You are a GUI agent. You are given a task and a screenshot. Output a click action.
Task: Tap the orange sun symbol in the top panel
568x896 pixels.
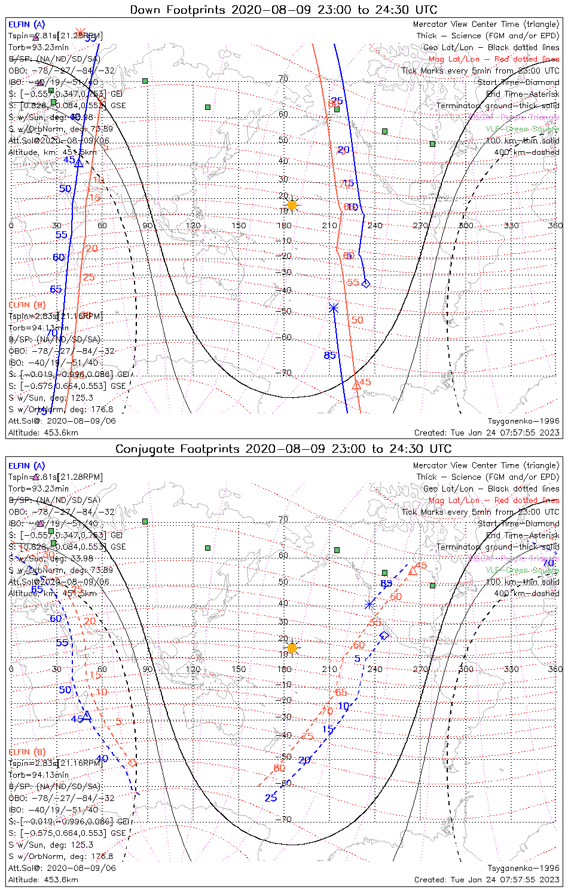coord(292,205)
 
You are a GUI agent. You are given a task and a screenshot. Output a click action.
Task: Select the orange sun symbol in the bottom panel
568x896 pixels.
coord(292,648)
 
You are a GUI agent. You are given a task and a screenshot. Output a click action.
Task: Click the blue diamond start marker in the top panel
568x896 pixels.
coord(366,283)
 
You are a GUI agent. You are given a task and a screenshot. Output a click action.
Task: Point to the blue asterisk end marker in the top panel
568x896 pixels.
coord(334,308)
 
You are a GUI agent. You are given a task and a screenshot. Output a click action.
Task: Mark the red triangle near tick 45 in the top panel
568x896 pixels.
coord(356,385)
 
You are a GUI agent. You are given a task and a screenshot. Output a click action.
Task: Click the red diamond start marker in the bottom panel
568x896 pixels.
coord(132,763)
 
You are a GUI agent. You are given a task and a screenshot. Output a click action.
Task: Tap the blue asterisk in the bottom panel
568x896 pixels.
coord(369,605)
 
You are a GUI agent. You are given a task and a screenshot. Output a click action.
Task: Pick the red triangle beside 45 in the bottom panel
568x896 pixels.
coord(413,572)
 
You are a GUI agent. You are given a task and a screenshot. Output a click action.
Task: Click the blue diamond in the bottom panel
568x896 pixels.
coord(384,635)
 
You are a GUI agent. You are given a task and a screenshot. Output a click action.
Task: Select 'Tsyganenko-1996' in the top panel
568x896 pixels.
coord(523,421)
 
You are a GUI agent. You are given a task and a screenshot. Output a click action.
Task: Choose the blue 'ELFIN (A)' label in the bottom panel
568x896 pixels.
coord(27,465)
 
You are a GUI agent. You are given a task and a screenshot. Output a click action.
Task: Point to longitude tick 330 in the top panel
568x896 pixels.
coord(511,225)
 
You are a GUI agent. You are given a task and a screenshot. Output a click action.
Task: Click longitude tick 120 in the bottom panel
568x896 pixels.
coord(193,668)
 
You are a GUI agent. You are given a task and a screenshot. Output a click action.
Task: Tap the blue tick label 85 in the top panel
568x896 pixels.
coord(330,355)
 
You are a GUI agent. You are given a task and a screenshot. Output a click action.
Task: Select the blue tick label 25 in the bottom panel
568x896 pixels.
coord(271,798)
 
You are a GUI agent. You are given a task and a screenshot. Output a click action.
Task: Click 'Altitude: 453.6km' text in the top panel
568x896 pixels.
coord(43,432)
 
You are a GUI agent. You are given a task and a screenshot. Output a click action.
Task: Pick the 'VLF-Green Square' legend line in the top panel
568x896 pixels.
coord(522,128)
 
